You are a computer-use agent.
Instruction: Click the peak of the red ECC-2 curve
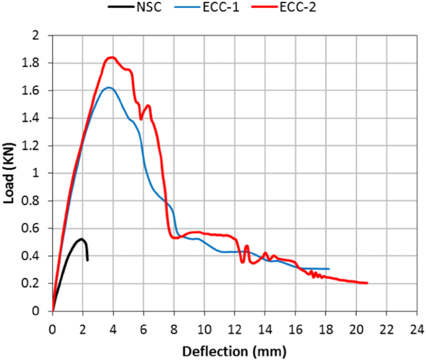click(111, 58)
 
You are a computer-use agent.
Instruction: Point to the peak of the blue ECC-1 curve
click(108, 88)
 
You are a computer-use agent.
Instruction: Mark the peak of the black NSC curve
click(81, 239)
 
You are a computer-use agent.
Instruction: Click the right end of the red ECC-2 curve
click(367, 283)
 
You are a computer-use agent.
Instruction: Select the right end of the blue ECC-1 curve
click(328, 269)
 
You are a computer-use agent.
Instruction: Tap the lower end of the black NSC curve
click(87, 260)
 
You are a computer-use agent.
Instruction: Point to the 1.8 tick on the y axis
click(39, 63)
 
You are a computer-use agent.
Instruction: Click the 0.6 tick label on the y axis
click(39, 228)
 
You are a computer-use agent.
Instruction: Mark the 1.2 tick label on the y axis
click(39, 146)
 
